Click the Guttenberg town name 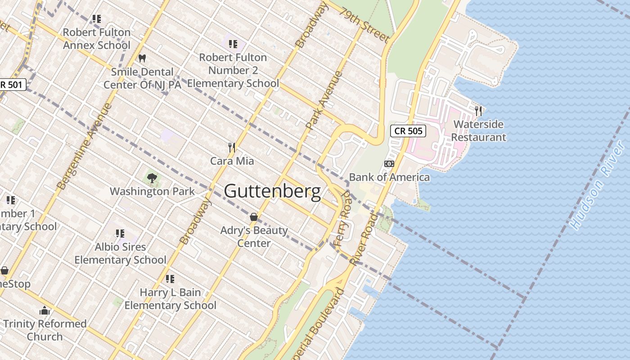tap(272, 191)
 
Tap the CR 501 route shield tap(12, 84)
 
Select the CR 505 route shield tap(408, 131)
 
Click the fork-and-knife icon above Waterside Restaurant tap(478, 111)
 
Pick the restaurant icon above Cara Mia tap(232, 148)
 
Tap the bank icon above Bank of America tap(389, 164)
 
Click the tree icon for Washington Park tap(152, 178)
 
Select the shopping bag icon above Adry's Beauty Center tap(254, 217)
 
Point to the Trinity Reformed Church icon tap(44, 310)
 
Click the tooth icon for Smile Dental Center tap(142, 58)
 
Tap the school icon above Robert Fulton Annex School tap(97, 19)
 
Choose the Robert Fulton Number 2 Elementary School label tap(233, 70)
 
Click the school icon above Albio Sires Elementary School tap(120, 234)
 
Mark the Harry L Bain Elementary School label tap(170, 299)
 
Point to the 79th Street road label tap(364, 25)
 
